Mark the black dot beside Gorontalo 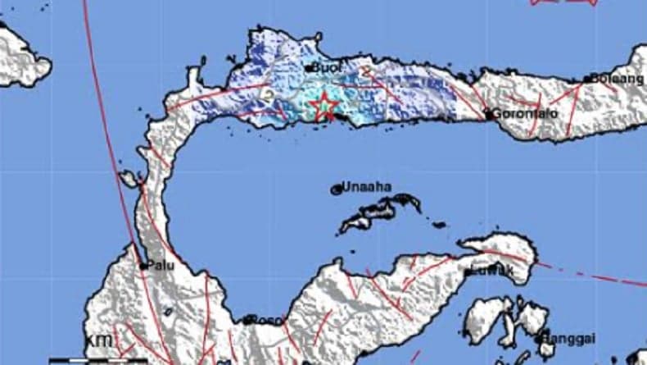(x=488, y=116)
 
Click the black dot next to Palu (x=143, y=266)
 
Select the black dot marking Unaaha (x=336, y=189)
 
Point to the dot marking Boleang (x=588, y=80)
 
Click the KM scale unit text (x=95, y=340)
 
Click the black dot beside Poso (x=247, y=320)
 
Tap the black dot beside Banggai (x=541, y=338)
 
